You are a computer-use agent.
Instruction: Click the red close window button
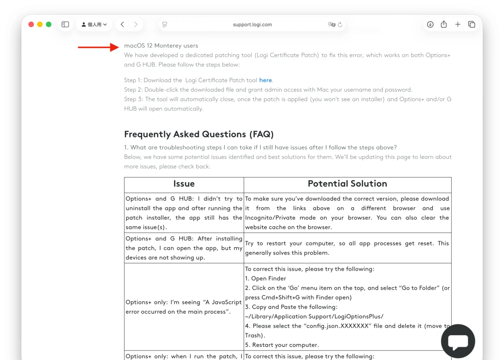31,24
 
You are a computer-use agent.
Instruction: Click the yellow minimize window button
40,24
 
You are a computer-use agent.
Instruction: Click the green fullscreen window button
48,24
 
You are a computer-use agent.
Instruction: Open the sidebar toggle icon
65,24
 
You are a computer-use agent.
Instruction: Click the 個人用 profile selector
94,24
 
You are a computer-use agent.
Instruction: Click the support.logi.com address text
252,24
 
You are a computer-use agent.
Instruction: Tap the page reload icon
340,24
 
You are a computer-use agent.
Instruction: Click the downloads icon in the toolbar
430,24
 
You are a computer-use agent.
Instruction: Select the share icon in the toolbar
444,24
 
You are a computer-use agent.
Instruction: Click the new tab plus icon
458,24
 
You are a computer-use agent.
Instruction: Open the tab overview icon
471,24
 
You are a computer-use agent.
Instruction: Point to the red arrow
98,47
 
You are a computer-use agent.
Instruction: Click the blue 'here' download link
265,80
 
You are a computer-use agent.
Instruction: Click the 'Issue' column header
184,184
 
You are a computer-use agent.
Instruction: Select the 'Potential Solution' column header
347,184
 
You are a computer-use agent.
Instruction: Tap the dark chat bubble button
458,341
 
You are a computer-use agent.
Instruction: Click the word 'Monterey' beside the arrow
168,46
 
